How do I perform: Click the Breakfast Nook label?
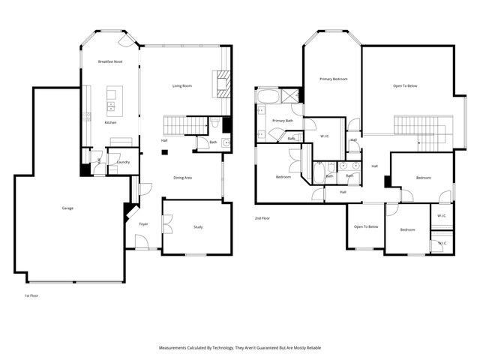[x=110, y=61]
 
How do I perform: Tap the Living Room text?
[x=182, y=86]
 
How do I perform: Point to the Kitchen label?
[x=110, y=122]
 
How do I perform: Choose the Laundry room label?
[x=124, y=162]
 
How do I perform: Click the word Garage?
[x=67, y=208]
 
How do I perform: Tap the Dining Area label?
[x=183, y=178]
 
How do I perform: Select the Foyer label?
[x=143, y=223]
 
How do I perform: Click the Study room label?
[x=198, y=226]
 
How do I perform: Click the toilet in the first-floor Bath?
[x=215, y=124]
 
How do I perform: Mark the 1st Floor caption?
[x=31, y=296]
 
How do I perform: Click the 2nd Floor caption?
[x=262, y=217]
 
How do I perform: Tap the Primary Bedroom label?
[x=333, y=79]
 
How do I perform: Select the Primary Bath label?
[x=283, y=121]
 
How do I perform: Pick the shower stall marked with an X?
[x=292, y=97]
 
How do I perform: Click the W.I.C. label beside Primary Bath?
[x=325, y=136]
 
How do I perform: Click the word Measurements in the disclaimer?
[x=177, y=348]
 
